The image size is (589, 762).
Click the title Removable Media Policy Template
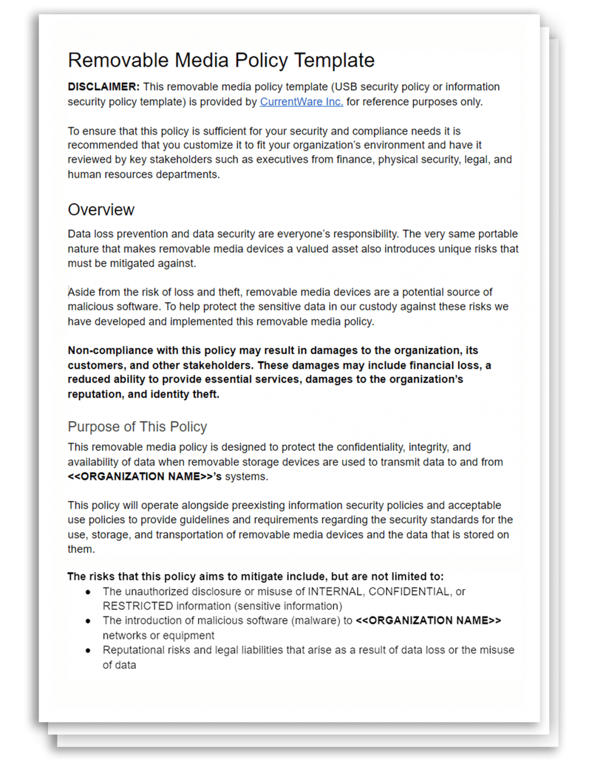tap(221, 60)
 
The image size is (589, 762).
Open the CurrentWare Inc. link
tap(301, 102)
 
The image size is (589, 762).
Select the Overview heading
tap(101, 210)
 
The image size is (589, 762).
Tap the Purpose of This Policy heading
tap(137, 427)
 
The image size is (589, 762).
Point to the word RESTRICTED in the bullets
tap(137, 606)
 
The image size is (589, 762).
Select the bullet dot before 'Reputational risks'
tap(88, 650)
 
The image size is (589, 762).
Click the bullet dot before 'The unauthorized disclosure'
tap(88, 592)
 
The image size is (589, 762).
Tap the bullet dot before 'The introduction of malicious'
tap(88, 621)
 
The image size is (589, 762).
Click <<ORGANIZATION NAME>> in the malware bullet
tap(428, 621)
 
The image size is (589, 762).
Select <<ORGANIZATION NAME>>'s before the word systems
tap(145, 476)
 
